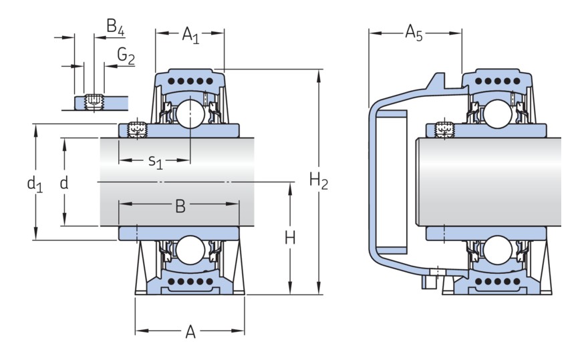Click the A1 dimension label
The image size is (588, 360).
[x=190, y=34]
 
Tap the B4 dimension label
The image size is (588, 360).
[x=116, y=27]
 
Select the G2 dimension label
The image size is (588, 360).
[x=126, y=57]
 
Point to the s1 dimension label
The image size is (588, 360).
[x=155, y=161]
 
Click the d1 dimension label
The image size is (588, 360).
[x=35, y=183]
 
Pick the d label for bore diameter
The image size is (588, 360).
[x=64, y=182]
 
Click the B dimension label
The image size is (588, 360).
[x=180, y=206]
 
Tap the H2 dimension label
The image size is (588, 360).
[x=319, y=180]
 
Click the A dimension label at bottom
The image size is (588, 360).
[x=190, y=331]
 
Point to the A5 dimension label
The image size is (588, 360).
[x=414, y=33]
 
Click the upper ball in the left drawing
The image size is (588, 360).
[x=190, y=113]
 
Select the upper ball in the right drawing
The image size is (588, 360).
[x=498, y=114]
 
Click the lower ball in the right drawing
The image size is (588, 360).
[x=498, y=250]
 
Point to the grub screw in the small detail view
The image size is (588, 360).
[x=95, y=102]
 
